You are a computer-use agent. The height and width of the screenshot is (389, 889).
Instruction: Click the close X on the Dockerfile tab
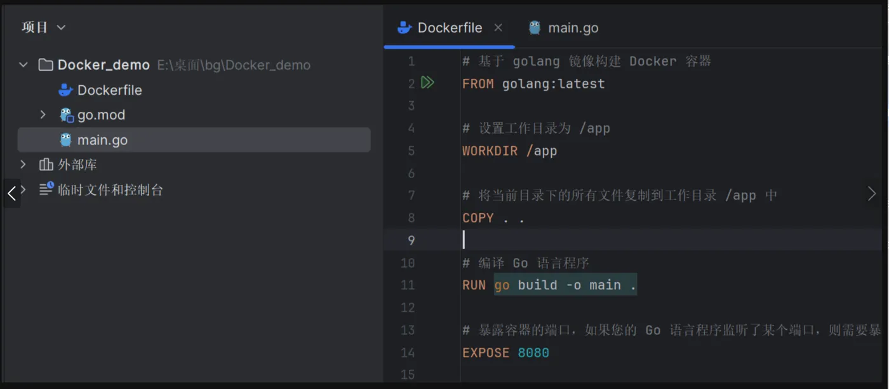tap(498, 28)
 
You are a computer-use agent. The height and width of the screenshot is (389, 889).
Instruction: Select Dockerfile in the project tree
tap(109, 90)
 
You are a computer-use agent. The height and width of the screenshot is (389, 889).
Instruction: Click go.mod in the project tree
tap(101, 115)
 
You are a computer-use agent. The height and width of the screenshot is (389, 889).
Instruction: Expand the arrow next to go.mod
tap(43, 115)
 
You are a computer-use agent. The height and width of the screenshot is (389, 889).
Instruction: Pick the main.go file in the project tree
tap(102, 140)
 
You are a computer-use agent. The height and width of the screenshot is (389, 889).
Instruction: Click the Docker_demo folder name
tap(104, 65)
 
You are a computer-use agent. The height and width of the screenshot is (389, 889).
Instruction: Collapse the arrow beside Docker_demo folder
tap(23, 65)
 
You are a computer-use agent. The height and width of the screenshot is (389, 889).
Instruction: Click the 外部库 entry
tap(77, 165)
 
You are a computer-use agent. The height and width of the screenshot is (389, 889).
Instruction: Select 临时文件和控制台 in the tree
tap(110, 190)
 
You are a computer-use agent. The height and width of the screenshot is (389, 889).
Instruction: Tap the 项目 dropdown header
tap(44, 27)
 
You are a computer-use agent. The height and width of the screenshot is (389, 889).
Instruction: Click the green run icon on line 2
tap(427, 83)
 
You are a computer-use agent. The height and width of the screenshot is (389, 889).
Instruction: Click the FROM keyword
tap(478, 84)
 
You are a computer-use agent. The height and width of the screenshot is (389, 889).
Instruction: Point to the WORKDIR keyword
tap(490, 151)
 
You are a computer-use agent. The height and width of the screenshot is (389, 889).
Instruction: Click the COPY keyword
tap(478, 218)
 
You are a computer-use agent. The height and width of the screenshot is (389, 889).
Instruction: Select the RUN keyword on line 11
tap(474, 285)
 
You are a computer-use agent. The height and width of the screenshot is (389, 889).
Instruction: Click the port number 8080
tap(533, 353)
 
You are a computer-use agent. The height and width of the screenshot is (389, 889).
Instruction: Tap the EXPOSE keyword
tap(486, 353)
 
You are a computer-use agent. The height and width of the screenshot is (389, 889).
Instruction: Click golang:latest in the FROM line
tap(553, 84)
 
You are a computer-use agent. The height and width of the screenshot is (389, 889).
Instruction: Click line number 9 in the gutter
tap(411, 240)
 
